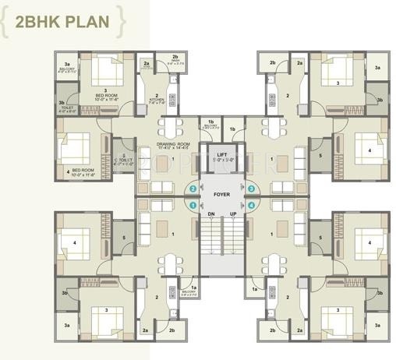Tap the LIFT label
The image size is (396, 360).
point(222,155)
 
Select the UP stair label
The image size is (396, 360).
point(232,213)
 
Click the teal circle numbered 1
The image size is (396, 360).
point(193,204)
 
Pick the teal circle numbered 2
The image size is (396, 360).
point(193,189)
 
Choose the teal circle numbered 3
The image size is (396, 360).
point(251,189)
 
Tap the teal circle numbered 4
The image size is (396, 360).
point(251,204)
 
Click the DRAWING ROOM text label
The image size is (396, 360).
point(174,144)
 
